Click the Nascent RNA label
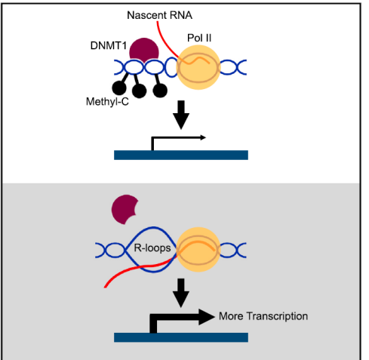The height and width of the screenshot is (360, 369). (x=159, y=15)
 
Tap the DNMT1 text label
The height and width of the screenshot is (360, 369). (x=109, y=46)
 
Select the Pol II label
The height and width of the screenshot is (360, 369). (x=199, y=38)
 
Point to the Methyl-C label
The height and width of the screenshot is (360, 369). (x=107, y=102)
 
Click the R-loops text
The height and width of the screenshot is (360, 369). (x=152, y=248)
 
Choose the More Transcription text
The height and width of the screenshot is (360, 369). (x=263, y=316)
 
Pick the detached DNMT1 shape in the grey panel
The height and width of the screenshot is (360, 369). (x=125, y=209)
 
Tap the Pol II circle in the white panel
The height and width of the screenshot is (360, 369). (x=198, y=67)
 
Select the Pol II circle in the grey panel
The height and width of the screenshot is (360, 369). (x=198, y=250)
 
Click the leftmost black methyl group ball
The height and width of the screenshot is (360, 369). (x=119, y=88)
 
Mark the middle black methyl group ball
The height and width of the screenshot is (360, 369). (x=139, y=91)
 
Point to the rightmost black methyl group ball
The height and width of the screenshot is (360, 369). (x=160, y=91)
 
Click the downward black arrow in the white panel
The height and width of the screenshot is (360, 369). (x=181, y=115)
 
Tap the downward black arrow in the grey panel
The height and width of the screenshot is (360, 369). (x=181, y=293)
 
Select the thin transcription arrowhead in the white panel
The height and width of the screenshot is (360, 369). (x=203, y=137)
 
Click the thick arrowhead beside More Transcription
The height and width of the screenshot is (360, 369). (x=207, y=317)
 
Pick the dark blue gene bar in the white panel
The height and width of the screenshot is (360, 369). (x=181, y=155)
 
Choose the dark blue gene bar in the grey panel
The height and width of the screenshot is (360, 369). (x=181, y=337)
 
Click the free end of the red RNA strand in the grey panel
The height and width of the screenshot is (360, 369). (x=106, y=287)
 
